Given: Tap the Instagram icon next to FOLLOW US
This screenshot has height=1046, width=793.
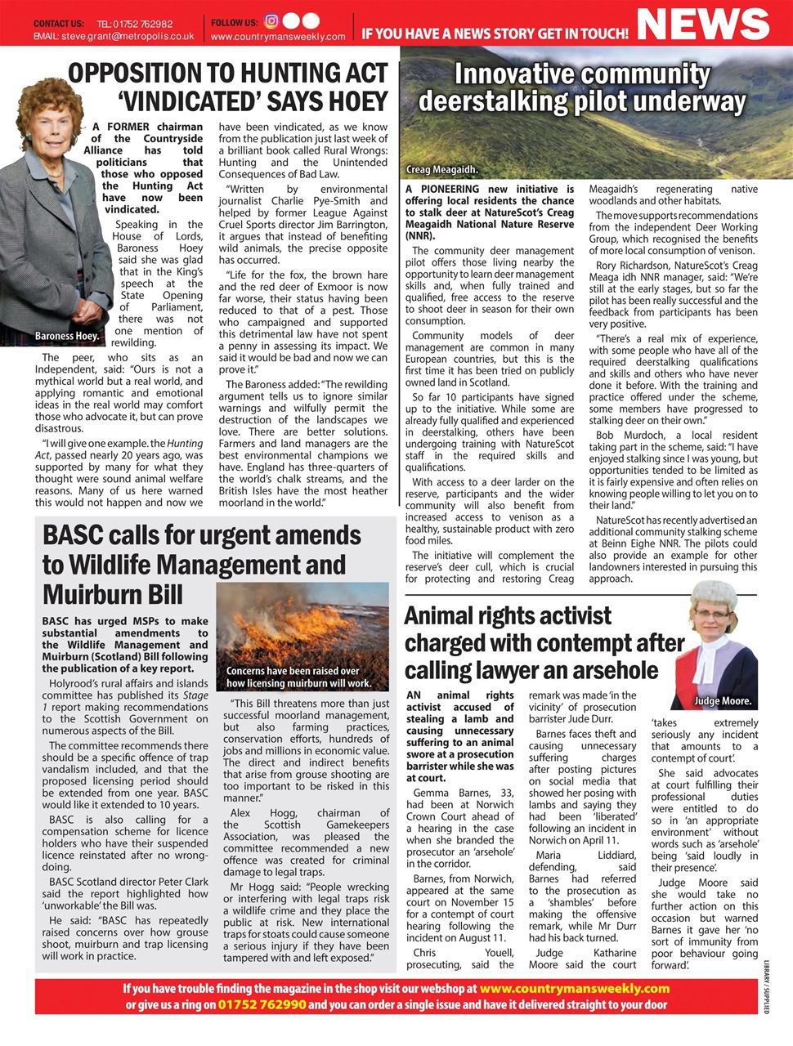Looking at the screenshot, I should click(x=272, y=22).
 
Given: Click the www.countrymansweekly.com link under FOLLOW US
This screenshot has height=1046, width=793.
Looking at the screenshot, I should click(x=278, y=37).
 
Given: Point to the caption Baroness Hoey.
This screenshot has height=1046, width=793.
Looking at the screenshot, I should click(x=67, y=336).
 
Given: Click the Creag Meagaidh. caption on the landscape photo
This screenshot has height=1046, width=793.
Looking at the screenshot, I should click(x=442, y=170).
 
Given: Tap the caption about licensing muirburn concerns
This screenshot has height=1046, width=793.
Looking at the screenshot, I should click(x=298, y=677).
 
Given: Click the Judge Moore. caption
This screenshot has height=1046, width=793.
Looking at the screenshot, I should click(x=723, y=701).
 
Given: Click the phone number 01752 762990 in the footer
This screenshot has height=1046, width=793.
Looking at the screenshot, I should click(x=262, y=1004).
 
